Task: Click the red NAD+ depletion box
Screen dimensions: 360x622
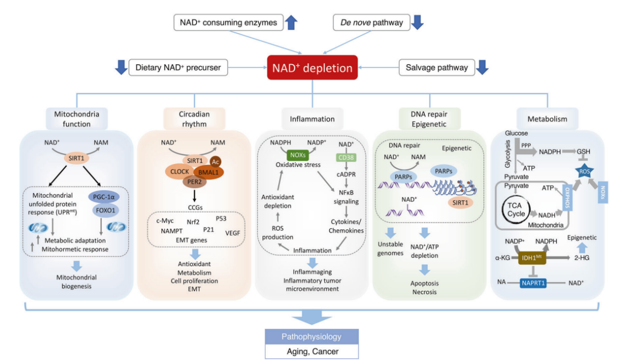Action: click(x=313, y=68)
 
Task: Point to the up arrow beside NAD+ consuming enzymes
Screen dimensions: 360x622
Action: click(x=291, y=22)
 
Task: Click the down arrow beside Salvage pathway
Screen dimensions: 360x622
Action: click(x=482, y=67)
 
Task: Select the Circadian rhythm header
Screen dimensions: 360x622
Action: click(x=194, y=119)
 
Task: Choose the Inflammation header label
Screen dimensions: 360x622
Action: click(x=312, y=119)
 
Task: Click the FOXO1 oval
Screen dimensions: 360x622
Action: click(x=108, y=210)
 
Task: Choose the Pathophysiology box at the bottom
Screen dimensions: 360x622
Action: click(x=312, y=336)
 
